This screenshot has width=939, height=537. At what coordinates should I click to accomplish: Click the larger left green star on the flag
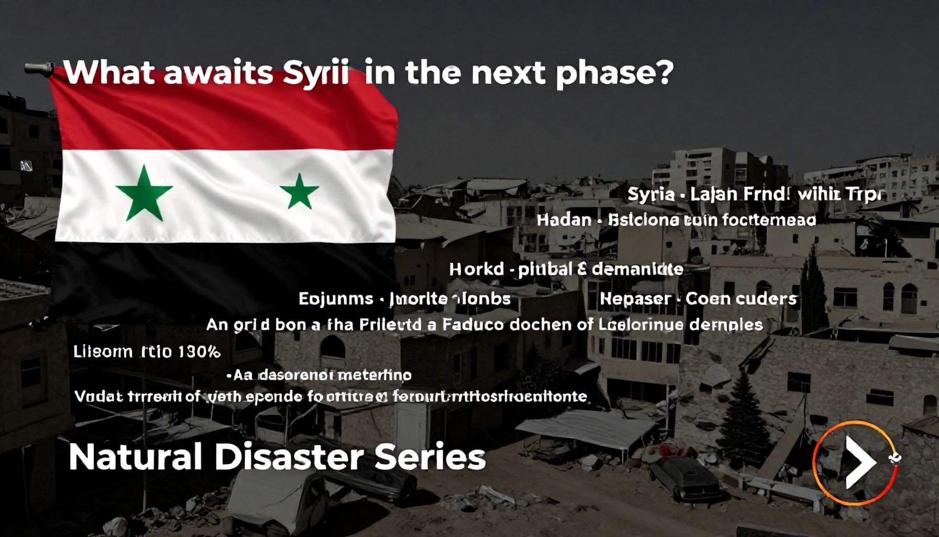pyautogui.click(x=144, y=193)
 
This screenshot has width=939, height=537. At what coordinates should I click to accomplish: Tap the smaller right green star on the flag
pyautogui.click(x=299, y=191)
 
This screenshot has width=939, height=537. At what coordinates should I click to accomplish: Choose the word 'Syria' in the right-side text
pyautogui.click(x=650, y=195)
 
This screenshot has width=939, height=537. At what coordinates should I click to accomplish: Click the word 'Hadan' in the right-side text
pyautogui.click(x=563, y=220)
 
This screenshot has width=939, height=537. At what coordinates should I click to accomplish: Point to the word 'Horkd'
pyautogui.click(x=476, y=270)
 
